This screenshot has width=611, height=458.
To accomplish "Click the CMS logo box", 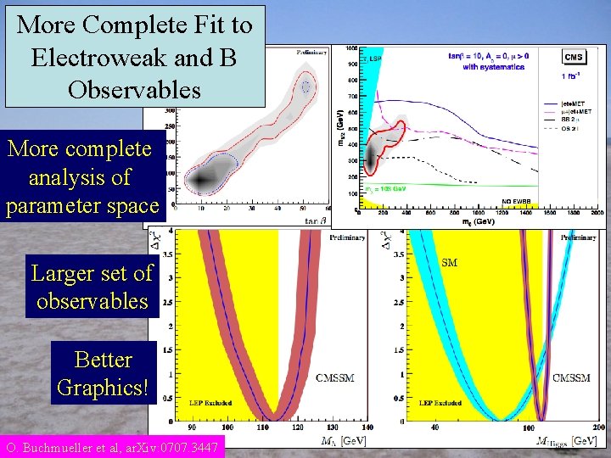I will (x=573, y=57).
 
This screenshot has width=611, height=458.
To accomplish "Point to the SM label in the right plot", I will (x=450, y=263).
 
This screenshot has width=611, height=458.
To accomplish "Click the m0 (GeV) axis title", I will (x=469, y=221).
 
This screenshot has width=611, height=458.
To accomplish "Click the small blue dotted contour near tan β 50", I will (x=305, y=87).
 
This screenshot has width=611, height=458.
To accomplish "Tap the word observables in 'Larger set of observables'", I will (x=92, y=301).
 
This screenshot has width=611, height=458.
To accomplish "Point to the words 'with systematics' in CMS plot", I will (x=490, y=66).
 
